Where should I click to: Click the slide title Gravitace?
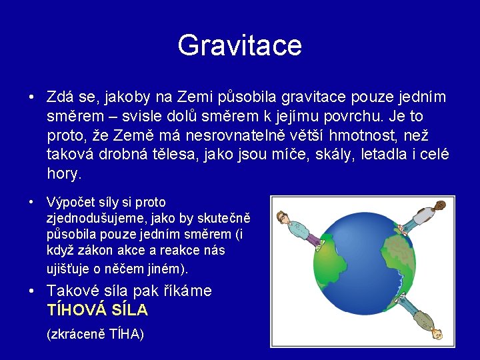click(239, 45)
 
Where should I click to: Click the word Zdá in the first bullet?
click(61, 97)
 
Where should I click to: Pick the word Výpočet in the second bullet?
click(69, 202)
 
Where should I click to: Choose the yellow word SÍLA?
click(132, 310)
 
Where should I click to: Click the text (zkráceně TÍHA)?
click(95, 334)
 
